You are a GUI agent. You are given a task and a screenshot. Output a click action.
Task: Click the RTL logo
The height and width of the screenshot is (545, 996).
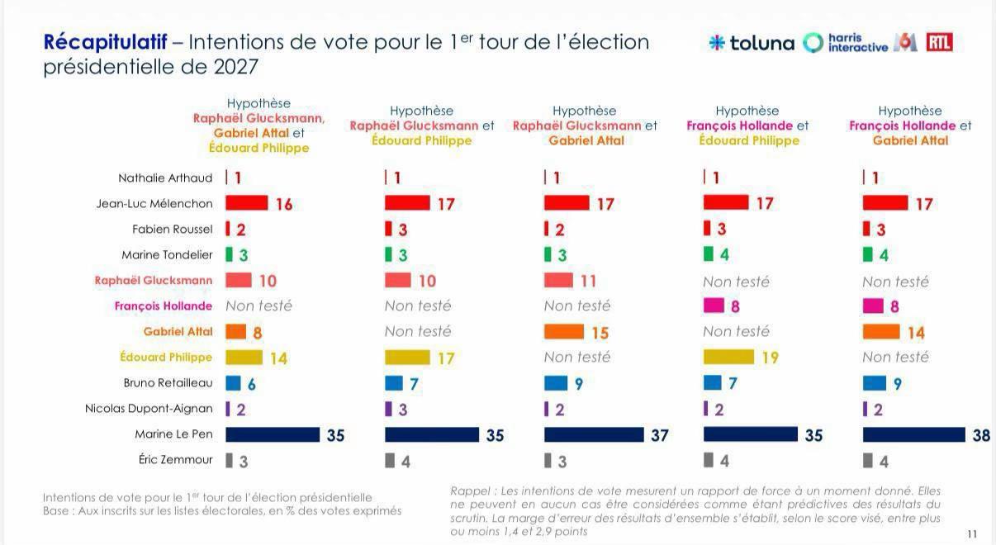click(x=939, y=42)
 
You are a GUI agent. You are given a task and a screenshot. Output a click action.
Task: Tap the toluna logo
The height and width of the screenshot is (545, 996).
click(x=752, y=43)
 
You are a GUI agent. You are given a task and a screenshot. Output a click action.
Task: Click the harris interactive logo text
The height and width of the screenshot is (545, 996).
click(x=858, y=43)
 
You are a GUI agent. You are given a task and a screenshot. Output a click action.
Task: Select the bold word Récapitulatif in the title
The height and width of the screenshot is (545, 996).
click(x=106, y=43)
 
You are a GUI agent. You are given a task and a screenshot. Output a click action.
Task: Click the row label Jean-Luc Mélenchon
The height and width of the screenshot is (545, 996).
click(x=154, y=204)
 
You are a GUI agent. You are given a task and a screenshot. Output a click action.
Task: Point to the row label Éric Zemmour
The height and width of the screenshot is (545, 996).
click(x=175, y=459)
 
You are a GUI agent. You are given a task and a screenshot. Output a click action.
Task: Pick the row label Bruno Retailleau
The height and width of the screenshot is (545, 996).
click(x=168, y=383)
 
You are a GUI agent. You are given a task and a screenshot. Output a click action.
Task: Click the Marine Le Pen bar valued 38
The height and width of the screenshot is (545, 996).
click(x=913, y=434)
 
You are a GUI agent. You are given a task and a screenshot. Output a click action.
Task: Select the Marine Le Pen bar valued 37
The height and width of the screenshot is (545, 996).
click(x=594, y=434)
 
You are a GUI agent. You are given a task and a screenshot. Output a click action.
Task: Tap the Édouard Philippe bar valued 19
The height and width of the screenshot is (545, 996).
click(x=728, y=357)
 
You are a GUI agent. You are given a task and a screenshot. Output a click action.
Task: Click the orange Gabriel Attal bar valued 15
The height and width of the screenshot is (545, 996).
click(x=564, y=332)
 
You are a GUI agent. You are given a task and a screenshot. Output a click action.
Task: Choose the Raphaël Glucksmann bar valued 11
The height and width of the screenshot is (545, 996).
click(x=558, y=281)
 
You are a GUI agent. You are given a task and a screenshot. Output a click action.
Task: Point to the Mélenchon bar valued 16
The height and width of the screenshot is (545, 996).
click(x=247, y=202)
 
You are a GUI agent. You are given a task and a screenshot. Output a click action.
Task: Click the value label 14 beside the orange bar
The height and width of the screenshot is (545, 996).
click(x=916, y=333)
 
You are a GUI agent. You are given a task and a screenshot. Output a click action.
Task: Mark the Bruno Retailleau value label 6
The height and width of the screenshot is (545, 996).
click(x=252, y=384)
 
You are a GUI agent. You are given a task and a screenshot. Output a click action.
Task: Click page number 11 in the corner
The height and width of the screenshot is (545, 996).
click(x=972, y=534)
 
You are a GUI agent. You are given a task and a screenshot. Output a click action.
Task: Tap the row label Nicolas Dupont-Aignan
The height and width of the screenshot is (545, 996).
click(x=149, y=409)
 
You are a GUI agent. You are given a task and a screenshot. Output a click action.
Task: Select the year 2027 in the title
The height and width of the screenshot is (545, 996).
click(x=235, y=67)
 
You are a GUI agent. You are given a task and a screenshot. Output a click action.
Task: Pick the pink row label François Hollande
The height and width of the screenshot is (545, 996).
click(x=164, y=306)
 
